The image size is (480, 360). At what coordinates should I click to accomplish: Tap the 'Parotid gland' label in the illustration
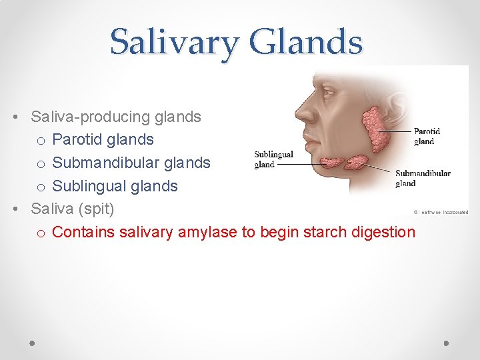pos(427,136)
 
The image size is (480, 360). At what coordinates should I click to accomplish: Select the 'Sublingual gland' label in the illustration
pos(273,159)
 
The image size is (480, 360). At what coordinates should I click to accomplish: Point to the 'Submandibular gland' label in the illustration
pos(423,178)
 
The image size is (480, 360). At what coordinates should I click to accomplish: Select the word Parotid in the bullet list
pos(79,140)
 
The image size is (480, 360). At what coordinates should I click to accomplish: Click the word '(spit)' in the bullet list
pos(97,209)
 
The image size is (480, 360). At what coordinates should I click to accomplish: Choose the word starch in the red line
pos(315,232)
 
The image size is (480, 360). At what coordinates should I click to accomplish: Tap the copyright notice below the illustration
pos(441,212)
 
